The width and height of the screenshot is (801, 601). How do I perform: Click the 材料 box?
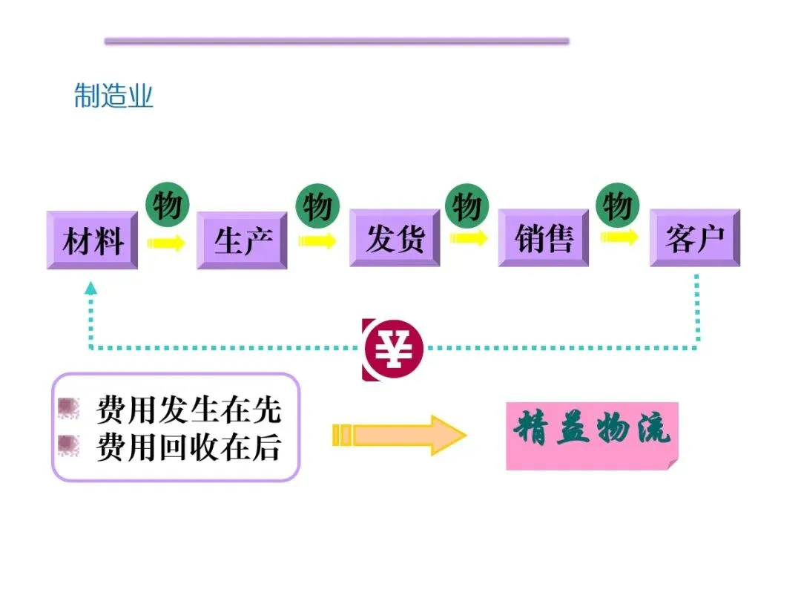[x=92, y=240]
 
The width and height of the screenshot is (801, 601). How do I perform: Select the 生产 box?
[x=242, y=240]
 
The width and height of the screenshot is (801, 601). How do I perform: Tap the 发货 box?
[x=394, y=238]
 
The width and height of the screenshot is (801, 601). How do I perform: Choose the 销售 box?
[x=544, y=238]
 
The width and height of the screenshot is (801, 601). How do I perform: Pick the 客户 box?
[x=695, y=238]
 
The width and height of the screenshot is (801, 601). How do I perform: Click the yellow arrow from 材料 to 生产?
[x=166, y=243]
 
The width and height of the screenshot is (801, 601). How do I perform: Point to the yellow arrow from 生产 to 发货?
[x=317, y=240]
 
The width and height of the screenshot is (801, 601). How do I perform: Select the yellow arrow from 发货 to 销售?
[x=469, y=238]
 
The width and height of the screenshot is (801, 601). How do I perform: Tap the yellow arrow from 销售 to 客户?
[x=619, y=237]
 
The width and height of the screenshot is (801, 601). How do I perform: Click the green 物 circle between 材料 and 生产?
[x=167, y=204]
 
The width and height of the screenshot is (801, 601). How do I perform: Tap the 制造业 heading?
[x=113, y=96]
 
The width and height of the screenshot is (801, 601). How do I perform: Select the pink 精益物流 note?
[x=592, y=436]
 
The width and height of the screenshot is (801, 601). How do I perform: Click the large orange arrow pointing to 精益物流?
[x=400, y=435]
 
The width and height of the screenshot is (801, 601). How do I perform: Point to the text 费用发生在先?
[x=188, y=410]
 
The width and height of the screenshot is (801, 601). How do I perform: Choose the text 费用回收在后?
[x=188, y=447]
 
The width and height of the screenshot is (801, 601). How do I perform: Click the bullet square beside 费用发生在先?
[x=69, y=408]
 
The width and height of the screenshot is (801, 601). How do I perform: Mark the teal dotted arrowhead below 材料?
[x=90, y=288]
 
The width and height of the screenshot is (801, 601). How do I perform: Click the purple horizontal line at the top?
[x=337, y=42]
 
